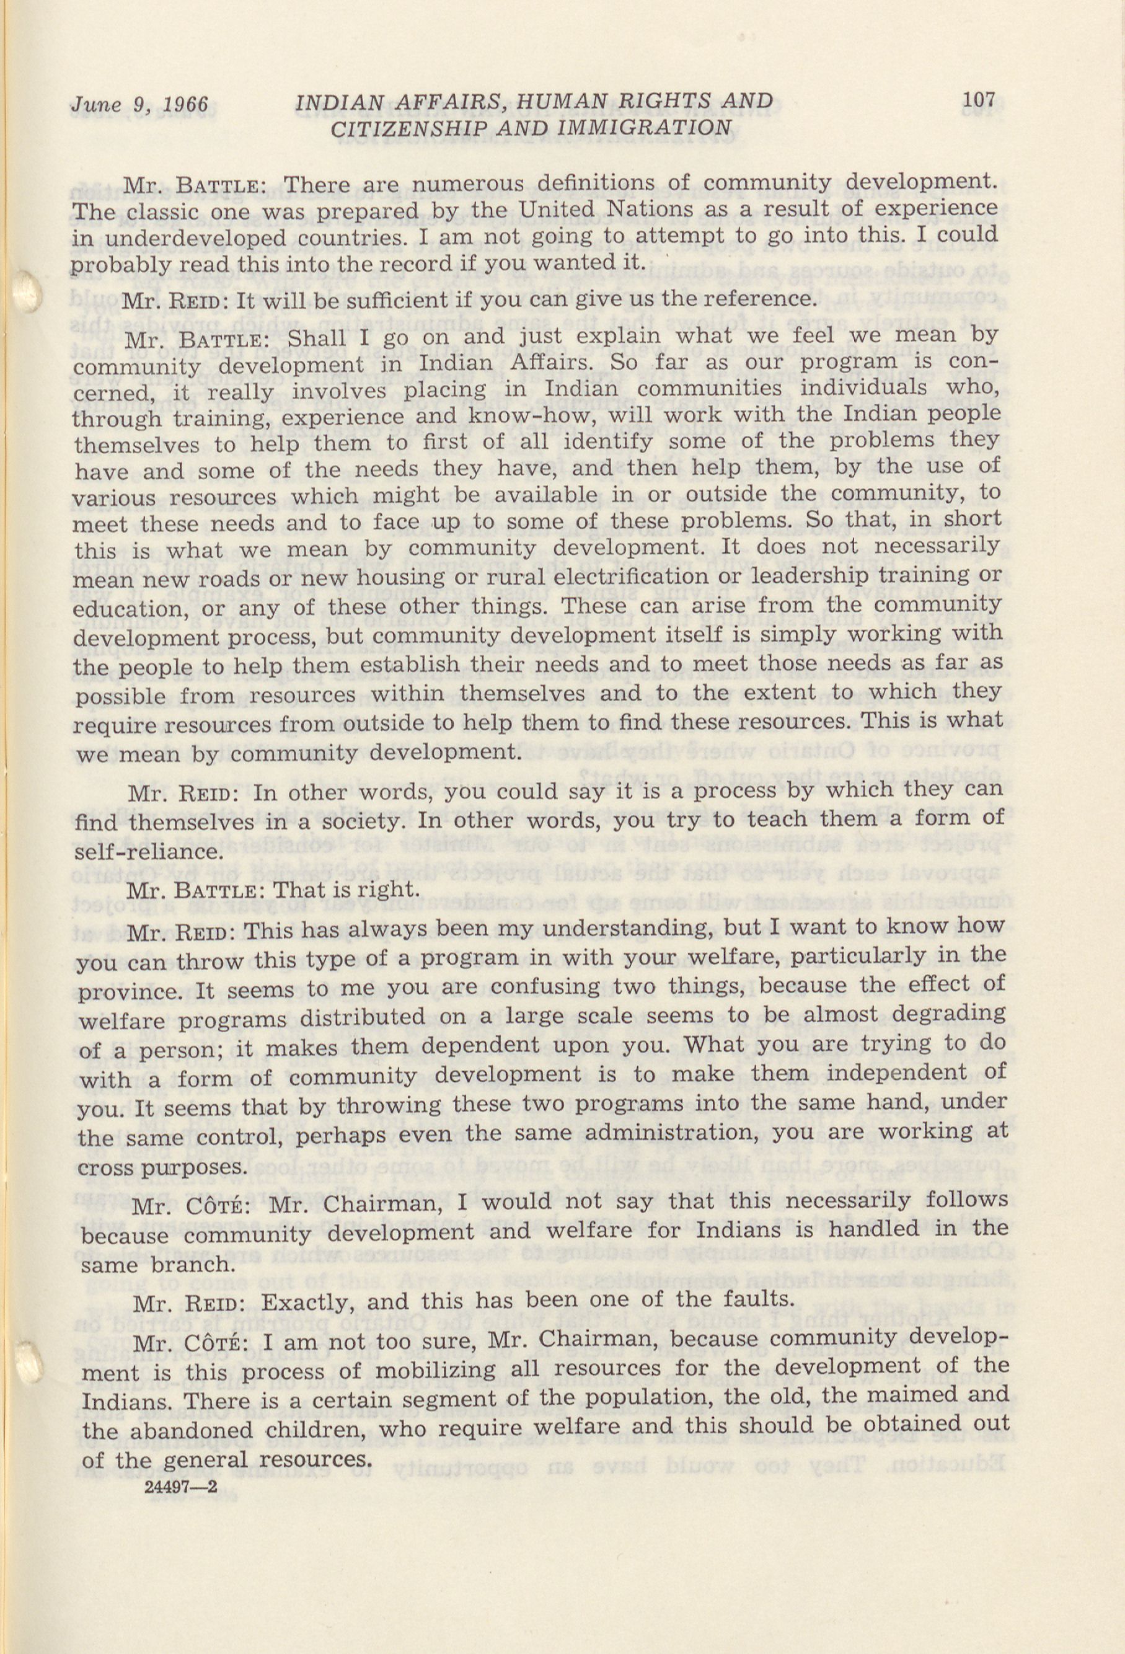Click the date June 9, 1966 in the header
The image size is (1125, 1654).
tap(139, 105)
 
